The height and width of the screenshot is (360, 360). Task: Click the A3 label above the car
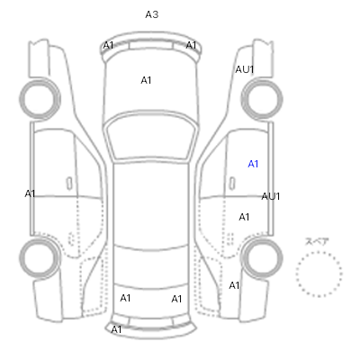coord(152,14)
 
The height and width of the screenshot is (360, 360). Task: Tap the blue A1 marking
coord(253,164)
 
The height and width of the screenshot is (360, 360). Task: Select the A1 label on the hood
coord(146,80)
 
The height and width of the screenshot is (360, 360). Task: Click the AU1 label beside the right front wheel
coord(245,69)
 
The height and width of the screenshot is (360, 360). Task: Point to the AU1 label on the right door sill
coord(271,196)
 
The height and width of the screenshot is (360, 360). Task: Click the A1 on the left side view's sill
coord(30,193)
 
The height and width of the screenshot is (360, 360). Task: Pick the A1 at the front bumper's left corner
coord(108,45)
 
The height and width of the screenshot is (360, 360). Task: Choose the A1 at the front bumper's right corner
coord(191,45)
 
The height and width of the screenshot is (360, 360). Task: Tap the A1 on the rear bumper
coord(116,329)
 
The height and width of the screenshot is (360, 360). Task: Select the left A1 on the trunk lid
coord(125,298)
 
